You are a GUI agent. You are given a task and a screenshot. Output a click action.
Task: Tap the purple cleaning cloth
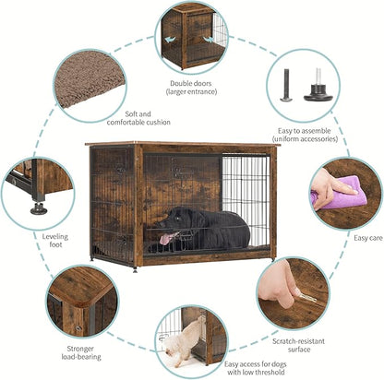(341, 192)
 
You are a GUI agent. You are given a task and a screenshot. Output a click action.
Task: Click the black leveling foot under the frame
(39, 208)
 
